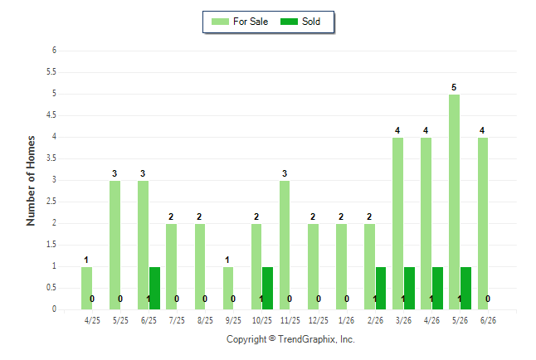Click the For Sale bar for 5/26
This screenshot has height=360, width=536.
coord(455,202)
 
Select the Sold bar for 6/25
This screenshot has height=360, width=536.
coord(154,288)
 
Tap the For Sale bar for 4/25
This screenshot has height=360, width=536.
coord(87,288)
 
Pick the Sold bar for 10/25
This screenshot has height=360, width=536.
coord(267,288)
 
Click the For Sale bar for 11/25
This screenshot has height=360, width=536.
coord(285,246)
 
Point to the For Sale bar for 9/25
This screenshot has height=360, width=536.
coord(228,288)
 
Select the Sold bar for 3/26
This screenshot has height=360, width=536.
coord(409,288)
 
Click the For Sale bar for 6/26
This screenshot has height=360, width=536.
coord(483,224)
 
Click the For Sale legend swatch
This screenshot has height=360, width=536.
coord(220,22)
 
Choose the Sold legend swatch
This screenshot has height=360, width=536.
coord(290,22)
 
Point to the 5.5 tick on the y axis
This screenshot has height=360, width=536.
coord(51,72)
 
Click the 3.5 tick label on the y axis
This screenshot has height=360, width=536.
coord(51,158)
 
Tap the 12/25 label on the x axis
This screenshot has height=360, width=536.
coord(319,320)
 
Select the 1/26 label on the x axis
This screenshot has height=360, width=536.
coord(346,320)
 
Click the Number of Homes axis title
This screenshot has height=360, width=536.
coord(31,181)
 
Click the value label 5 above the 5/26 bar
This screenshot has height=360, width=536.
coord(454,88)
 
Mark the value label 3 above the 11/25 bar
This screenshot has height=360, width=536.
coord(285,173)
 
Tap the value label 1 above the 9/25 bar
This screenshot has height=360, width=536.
coord(227,260)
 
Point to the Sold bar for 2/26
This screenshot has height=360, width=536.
coord(381,288)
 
